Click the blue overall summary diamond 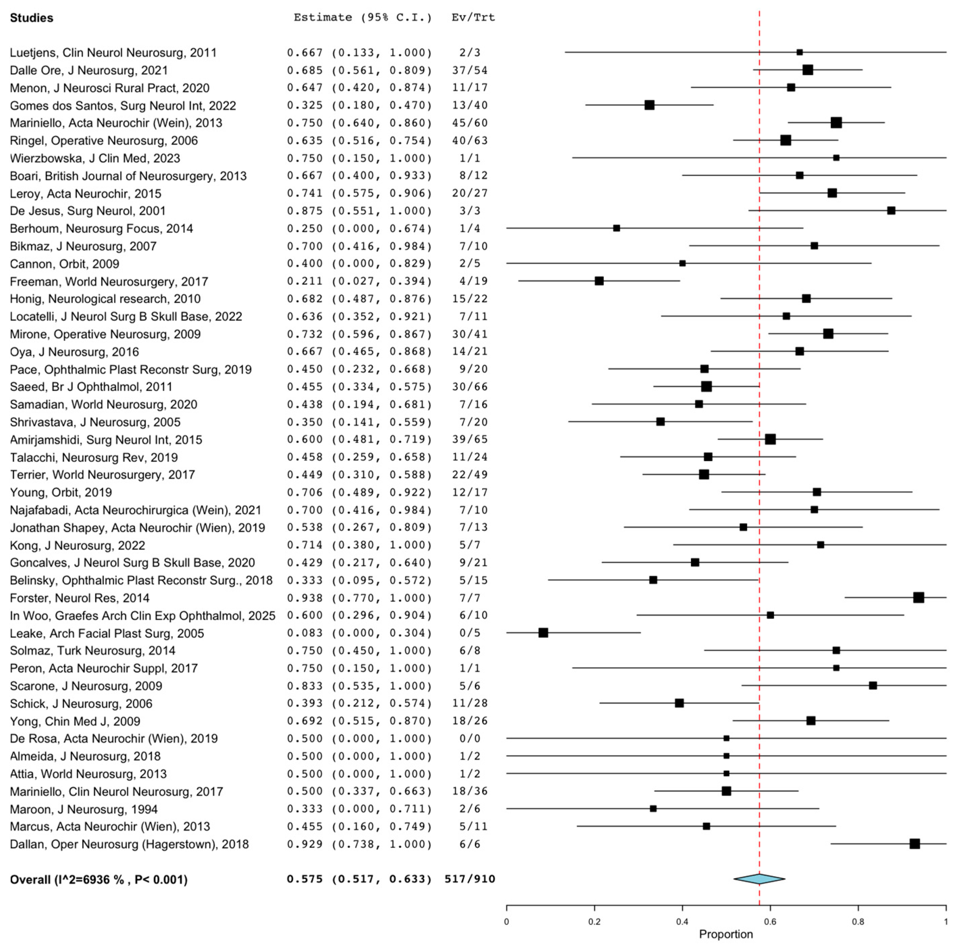[759, 879]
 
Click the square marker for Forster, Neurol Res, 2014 [918, 598]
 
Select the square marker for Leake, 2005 [543, 633]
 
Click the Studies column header [31, 18]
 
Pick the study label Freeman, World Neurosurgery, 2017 [109, 282]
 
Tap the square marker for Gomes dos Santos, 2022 [649, 105]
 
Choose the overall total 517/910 [470, 879]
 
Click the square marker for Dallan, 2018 [914, 844]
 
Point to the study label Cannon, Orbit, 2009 [64, 264]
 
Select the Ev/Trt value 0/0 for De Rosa [470, 738]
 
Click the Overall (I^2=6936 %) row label [99, 879]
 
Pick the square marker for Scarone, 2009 [873, 685]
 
